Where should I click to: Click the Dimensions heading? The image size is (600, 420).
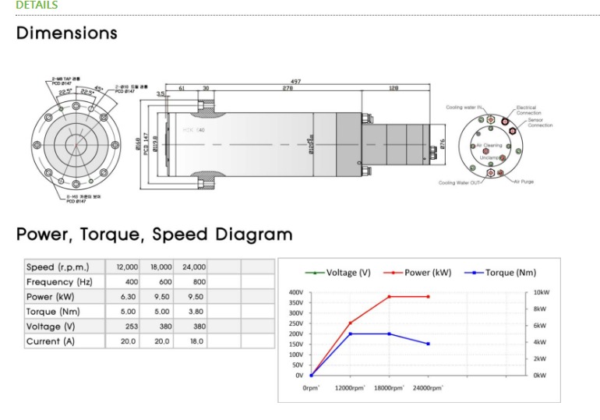[67, 34]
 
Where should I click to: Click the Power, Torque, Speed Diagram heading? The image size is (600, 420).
[154, 234]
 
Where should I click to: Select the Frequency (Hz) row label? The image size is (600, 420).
[59, 282]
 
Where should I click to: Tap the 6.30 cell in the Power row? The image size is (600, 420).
[127, 297]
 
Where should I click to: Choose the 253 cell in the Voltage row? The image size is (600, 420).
[130, 326]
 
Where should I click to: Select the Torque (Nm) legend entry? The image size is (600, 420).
[507, 273]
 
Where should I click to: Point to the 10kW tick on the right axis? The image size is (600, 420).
[542, 292]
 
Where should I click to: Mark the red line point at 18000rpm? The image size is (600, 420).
[390, 296]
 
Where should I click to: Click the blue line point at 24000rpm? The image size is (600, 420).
[429, 344]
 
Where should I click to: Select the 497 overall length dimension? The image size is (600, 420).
[295, 81]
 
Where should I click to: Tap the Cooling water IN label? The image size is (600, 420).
[464, 108]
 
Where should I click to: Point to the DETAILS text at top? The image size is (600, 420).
[37, 5]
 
